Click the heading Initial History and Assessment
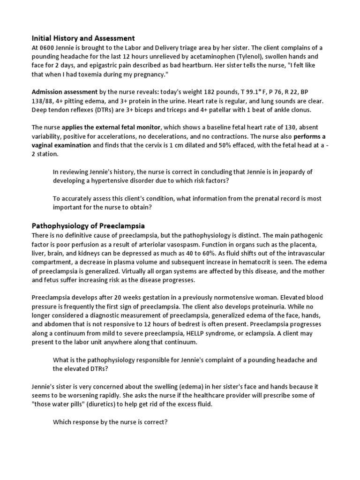click(83, 38)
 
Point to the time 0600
click(49, 48)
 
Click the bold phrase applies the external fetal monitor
click(112, 127)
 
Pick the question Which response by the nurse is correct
click(110, 422)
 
